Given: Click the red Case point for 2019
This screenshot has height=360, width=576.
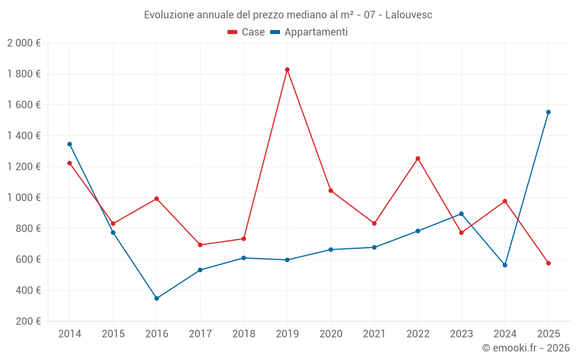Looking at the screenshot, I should coord(287,70).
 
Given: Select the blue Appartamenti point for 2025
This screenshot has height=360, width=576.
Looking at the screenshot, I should coord(548,112).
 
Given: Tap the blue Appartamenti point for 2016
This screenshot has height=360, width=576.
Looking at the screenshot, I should coord(157,298).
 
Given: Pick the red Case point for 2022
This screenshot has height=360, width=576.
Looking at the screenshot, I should coord(418,158).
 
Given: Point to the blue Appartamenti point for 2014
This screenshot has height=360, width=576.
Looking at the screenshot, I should coord(70,144).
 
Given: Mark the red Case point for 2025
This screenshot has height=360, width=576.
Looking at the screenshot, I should coord(548,263).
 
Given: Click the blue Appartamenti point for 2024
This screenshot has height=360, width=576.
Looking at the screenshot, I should coord(505,265).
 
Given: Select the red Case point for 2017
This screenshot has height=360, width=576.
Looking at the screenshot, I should coord(200,245).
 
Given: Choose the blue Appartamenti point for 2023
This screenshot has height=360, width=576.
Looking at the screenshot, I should coord(461,214).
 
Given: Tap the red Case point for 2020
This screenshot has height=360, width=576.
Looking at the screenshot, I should coord(331,191).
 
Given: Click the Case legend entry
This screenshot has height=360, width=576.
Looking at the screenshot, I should coord(247,32).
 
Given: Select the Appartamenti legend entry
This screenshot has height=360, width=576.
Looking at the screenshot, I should coord(309,32).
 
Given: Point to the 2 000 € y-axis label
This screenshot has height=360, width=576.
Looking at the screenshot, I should coord(24,43).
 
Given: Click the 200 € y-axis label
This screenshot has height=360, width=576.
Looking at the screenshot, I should coord(27,321).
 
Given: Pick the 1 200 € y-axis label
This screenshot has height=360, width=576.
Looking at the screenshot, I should coord(24,167).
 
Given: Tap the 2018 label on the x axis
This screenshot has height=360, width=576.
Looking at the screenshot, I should coord(244,334).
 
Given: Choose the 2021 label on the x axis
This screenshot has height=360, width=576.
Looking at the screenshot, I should coord(374,334).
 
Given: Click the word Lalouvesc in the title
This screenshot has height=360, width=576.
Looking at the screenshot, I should coord(408,15).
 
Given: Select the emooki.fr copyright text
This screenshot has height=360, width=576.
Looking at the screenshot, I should coord(526,348).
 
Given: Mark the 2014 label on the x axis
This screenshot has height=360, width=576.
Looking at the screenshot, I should coord(70,334).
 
